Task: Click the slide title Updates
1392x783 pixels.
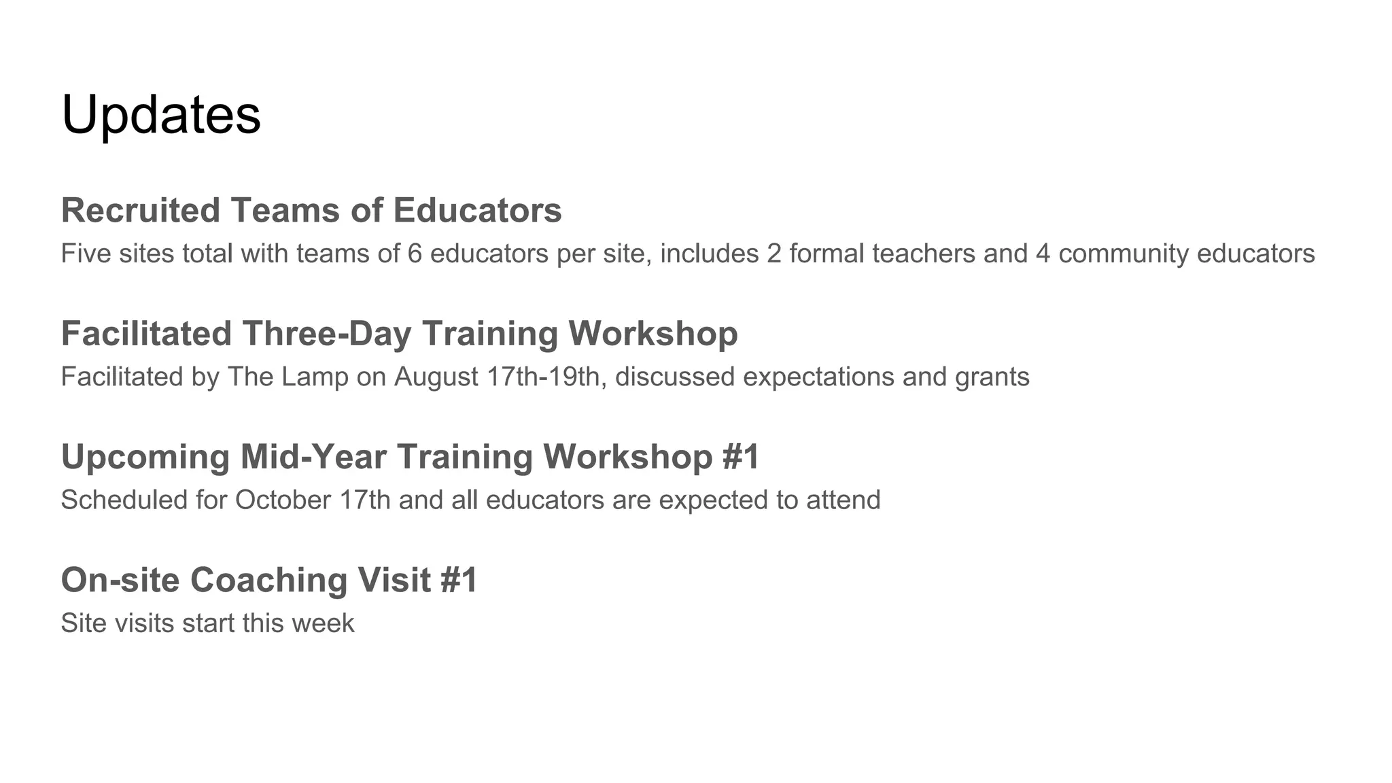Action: coord(161,115)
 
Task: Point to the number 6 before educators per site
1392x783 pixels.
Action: coord(415,254)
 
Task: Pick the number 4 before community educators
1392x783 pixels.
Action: coord(1043,254)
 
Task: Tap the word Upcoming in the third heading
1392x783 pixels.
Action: coord(145,457)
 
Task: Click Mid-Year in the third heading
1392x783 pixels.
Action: coord(313,457)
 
